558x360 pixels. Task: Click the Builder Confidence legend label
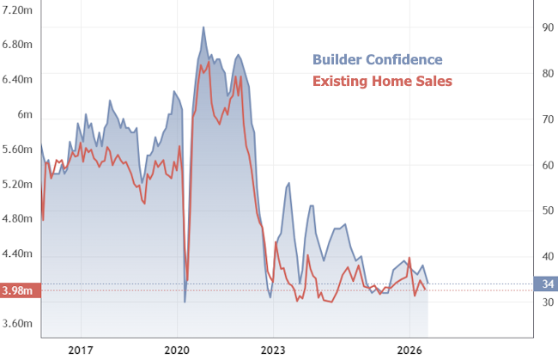click(x=377, y=59)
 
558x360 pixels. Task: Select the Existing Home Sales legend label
click(x=381, y=81)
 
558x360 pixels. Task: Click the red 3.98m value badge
click(x=19, y=290)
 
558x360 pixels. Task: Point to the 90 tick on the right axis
click(x=546, y=27)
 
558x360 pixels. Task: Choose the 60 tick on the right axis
click(x=546, y=165)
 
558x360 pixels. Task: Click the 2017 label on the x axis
click(x=81, y=349)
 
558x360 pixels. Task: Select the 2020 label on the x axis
click(x=177, y=349)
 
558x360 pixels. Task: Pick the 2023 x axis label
click(x=273, y=349)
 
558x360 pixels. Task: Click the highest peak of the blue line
click(x=203, y=27)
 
